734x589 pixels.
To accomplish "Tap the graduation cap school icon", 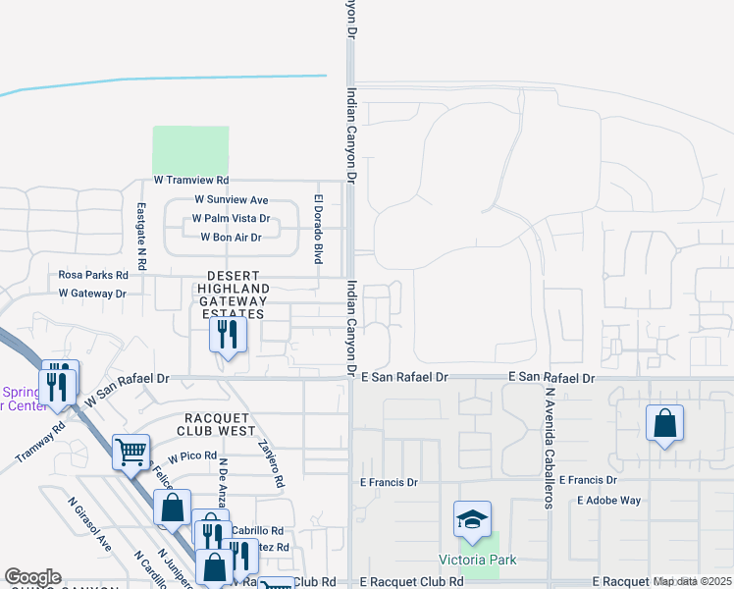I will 472,516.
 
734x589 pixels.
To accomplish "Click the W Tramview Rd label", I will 191,181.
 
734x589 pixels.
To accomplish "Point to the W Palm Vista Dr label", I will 231,219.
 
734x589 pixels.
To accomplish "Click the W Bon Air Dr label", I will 231,238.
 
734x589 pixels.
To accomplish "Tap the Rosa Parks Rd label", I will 93,275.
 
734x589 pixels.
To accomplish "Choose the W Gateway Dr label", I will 92,294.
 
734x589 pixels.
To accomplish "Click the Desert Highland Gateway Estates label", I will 233,294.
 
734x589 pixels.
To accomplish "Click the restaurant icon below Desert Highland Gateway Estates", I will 228,335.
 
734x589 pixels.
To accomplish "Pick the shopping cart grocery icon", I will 131,452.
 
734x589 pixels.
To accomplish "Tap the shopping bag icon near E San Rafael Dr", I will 664,423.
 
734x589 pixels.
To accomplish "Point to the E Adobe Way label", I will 608,500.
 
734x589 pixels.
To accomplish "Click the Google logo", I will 32,577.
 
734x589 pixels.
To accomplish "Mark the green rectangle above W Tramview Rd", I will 190,151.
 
